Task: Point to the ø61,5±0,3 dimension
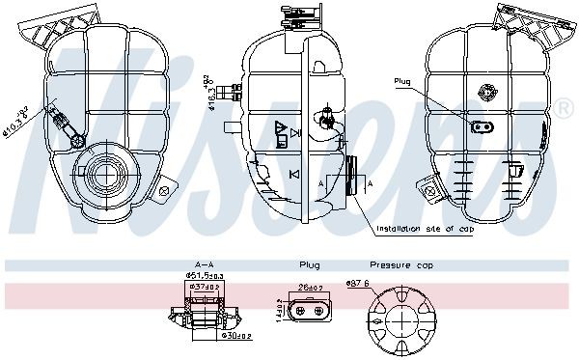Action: click(204, 275)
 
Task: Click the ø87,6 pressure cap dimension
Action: click(359, 282)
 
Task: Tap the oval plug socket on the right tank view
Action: click(480, 125)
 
